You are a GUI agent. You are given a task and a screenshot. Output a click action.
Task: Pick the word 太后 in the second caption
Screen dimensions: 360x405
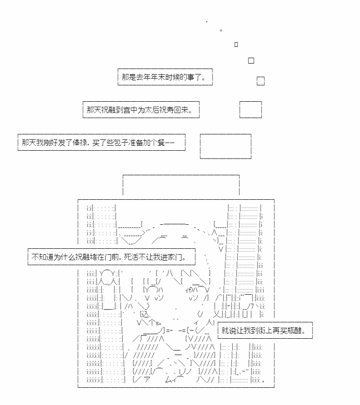pos(151,110)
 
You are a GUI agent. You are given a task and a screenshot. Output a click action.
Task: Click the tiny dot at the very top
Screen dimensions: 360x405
pos(207,22)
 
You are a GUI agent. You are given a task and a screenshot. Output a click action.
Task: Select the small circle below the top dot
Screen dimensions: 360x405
pos(221,30)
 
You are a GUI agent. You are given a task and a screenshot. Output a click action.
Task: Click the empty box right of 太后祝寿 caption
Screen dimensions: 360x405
pos(250,109)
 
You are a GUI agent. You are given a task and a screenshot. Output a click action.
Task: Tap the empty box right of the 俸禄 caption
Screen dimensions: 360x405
pos(225,146)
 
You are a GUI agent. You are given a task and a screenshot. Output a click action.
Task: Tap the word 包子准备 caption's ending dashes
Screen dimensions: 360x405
pos(170,143)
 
